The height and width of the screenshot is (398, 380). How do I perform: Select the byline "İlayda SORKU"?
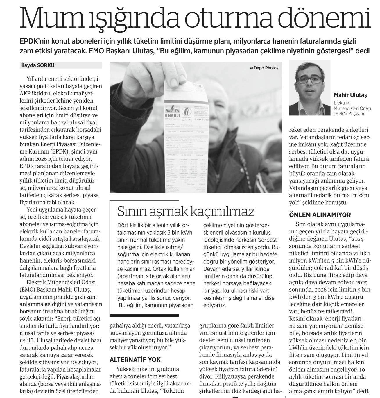pos(38,65)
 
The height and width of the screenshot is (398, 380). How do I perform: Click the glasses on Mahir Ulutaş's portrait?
pos(309,80)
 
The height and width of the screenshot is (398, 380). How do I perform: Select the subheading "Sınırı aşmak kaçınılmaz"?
pos(186,212)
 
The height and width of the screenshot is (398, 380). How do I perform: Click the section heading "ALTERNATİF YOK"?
pos(135,360)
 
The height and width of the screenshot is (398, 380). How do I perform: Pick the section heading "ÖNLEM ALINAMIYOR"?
pos(320,215)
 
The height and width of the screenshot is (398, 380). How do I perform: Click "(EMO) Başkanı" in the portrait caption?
pos(349,114)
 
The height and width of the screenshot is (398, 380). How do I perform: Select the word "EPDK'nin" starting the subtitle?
pos(35,41)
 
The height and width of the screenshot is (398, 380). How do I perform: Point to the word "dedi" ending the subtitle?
pos(363,51)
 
